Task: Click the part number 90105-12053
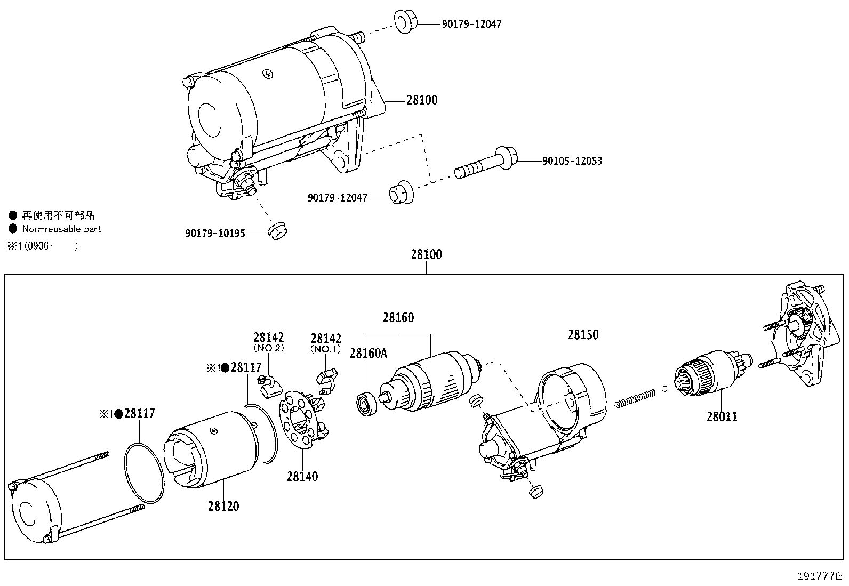tap(572, 161)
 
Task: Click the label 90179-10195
tap(215, 234)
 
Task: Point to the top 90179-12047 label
tap(471, 24)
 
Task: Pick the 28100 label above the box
tap(426, 254)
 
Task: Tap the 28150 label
tap(583, 335)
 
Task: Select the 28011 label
tap(722, 416)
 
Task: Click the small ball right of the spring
tap(664, 388)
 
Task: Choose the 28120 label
tap(223, 506)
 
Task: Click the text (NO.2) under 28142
tap(268, 348)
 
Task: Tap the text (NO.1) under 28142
tap(326, 349)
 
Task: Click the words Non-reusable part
tap(61, 229)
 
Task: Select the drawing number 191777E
tap(819, 576)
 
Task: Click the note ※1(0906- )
tap(43, 246)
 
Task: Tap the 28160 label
tap(398, 318)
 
